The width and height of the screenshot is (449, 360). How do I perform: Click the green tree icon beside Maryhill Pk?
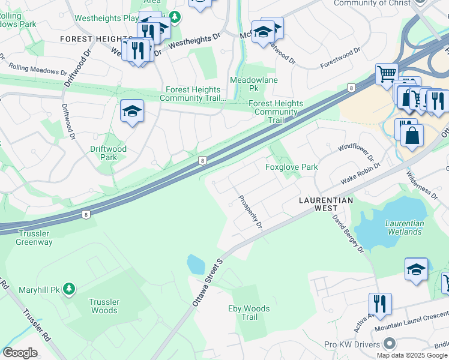pyautogui.click(x=70, y=290)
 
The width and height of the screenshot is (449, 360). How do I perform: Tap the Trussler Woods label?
pyautogui.click(x=104, y=306)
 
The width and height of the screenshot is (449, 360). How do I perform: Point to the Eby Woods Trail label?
pyautogui.click(x=249, y=313)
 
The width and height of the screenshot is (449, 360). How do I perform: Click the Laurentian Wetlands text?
pyautogui.click(x=405, y=227)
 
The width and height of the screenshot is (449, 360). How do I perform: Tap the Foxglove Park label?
pyautogui.click(x=292, y=167)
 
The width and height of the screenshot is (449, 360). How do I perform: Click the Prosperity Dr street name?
pyautogui.click(x=250, y=212)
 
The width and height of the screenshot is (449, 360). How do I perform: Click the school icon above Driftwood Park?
pyautogui.click(x=131, y=111)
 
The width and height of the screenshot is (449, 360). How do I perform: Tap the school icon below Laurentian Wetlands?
pyautogui.click(x=416, y=269)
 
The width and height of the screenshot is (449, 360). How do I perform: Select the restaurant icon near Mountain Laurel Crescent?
pyautogui.click(x=379, y=303)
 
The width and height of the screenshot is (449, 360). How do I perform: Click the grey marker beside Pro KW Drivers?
pyautogui.click(x=390, y=344)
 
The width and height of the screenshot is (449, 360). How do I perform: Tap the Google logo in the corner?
pyautogui.click(x=20, y=353)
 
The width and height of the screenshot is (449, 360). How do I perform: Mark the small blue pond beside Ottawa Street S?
pyautogui.click(x=196, y=264)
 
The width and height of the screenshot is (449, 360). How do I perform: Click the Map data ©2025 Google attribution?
pyautogui.click(x=412, y=355)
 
